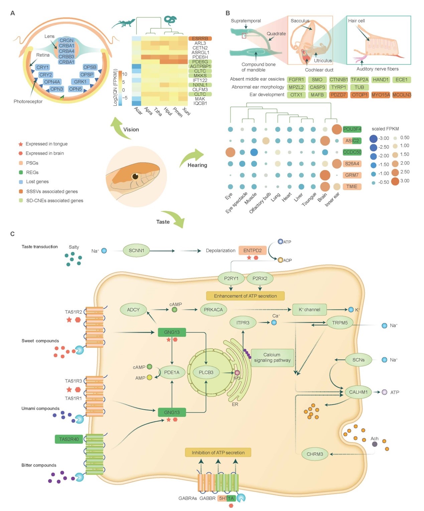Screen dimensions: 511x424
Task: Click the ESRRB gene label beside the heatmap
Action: [200, 38]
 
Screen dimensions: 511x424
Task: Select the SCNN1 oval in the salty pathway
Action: [136, 250]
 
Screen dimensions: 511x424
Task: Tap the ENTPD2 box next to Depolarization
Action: [252, 250]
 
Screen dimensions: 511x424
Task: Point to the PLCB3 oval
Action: [206, 372]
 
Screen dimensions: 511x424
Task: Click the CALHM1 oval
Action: [358, 392]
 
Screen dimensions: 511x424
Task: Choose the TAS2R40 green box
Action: [69, 439]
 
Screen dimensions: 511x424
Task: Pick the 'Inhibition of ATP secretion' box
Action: [218, 452]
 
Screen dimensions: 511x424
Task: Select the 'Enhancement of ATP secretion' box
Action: [245, 296]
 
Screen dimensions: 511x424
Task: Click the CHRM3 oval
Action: [315, 454]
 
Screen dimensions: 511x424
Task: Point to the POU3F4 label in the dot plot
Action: [352, 129]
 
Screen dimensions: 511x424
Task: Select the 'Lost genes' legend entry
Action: [37, 182]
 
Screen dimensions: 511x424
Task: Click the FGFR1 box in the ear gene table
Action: [296, 80]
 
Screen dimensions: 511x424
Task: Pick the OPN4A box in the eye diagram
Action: [52, 82]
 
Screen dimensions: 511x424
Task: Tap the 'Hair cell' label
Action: [356, 21]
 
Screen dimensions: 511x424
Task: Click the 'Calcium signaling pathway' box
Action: [272, 357]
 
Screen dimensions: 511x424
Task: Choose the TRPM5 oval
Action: [339, 323]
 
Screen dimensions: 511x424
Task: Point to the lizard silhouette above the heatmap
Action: [123, 24]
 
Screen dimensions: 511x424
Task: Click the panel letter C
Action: [12, 234]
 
